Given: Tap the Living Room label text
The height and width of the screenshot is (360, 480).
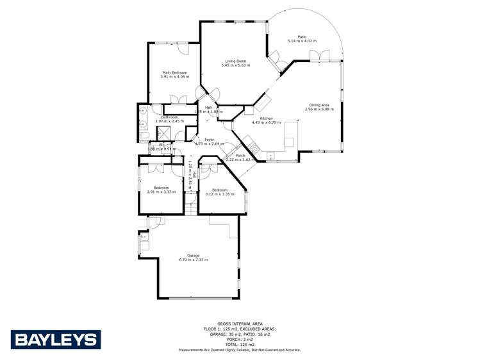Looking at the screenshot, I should (235, 61).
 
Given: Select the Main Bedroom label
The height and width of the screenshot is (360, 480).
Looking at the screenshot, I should (174, 72).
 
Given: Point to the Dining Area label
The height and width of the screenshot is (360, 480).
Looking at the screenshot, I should (319, 105).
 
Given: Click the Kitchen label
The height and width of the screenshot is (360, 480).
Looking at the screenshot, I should (267, 119).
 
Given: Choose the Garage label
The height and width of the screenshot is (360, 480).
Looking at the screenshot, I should (193, 255).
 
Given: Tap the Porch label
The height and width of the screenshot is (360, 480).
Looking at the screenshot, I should (240, 156).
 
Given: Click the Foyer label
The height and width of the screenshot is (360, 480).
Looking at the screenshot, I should (210, 140).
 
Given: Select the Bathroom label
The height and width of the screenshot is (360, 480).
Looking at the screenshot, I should (169, 117).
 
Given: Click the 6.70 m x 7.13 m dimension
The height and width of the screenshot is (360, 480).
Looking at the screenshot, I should (193, 259).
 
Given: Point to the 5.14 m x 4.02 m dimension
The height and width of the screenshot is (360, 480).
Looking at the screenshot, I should (302, 41).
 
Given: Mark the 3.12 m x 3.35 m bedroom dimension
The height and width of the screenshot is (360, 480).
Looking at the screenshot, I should (220, 193).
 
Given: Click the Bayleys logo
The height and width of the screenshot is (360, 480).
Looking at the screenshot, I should (55, 340).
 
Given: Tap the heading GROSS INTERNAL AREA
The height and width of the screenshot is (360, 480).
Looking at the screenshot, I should (240, 323).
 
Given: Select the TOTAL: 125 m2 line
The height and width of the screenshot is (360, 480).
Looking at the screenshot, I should (240, 345).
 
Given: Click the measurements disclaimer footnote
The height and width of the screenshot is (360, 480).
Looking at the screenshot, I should (240, 350).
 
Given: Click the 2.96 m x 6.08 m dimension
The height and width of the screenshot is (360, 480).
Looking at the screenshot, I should (319, 109).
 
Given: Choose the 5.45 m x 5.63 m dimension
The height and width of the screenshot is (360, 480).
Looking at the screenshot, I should (235, 65).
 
